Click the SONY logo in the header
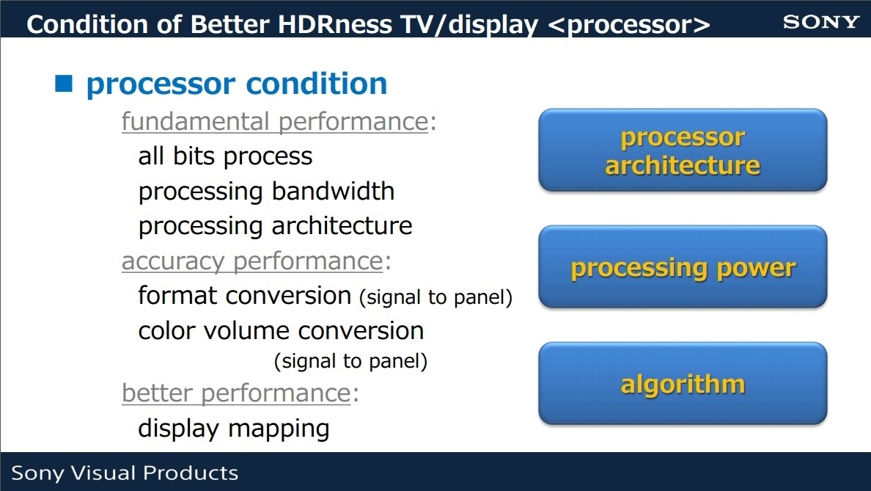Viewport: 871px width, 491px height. pyautogui.click(x=821, y=22)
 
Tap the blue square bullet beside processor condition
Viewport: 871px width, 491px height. pyautogui.click(x=64, y=83)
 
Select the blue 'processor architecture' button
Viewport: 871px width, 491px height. pyautogui.click(x=683, y=150)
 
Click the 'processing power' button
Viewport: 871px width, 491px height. pyautogui.click(x=683, y=267)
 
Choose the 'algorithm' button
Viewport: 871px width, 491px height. pyautogui.click(x=683, y=384)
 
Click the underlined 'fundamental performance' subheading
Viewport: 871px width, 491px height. pyautogui.click(x=275, y=122)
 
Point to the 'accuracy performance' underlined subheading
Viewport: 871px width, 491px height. pyautogui.click(x=252, y=261)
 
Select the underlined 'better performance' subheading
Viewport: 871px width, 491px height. pyautogui.click(x=236, y=393)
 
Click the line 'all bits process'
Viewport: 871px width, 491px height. pyautogui.click(x=225, y=156)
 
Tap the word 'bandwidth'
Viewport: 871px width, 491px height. pyautogui.click(x=334, y=191)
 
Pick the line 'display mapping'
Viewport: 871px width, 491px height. pyautogui.click(x=233, y=429)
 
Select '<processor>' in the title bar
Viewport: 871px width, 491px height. pyautogui.click(x=629, y=25)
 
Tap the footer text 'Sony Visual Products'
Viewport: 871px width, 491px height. pyautogui.click(x=125, y=473)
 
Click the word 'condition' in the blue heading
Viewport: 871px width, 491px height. pyautogui.click(x=316, y=84)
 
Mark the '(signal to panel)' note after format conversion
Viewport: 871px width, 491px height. pyautogui.click(x=436, y=297)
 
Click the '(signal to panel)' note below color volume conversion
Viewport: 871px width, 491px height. pyautogui.click(x=350, y=361)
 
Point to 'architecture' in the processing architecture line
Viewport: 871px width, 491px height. pyautogui.click(x=342, y=226)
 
